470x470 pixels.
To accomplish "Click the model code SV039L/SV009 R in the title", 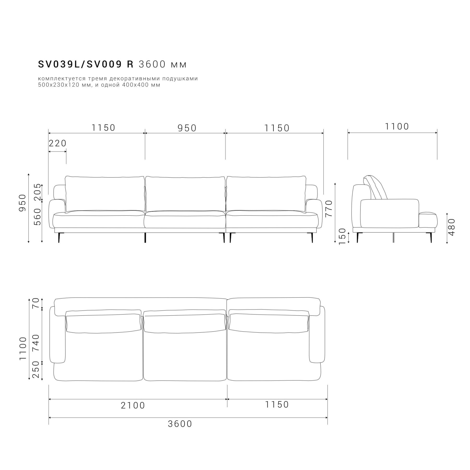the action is point(86,64).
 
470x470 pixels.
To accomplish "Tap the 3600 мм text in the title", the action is point(163,64).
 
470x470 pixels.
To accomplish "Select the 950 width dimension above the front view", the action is point(187,128).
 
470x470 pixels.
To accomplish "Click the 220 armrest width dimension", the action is point(58,143).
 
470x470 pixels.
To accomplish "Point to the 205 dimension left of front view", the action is point(38,192).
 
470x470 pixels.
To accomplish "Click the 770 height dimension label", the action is point(329,208).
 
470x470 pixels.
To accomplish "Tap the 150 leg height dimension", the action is point(342,237).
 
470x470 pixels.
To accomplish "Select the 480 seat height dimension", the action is point(451,227).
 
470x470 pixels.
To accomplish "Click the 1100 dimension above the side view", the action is point(397,126).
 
